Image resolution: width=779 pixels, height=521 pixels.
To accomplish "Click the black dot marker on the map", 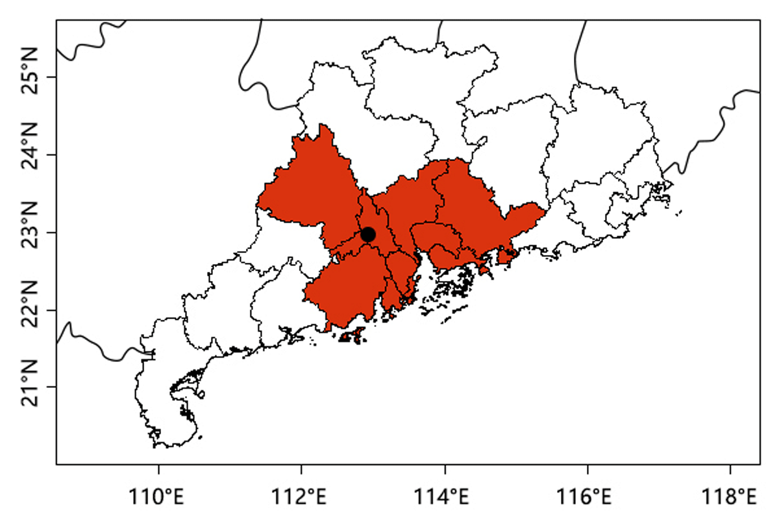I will coord(368,234).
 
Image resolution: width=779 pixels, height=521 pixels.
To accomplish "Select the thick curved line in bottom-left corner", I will coord(97,344).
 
